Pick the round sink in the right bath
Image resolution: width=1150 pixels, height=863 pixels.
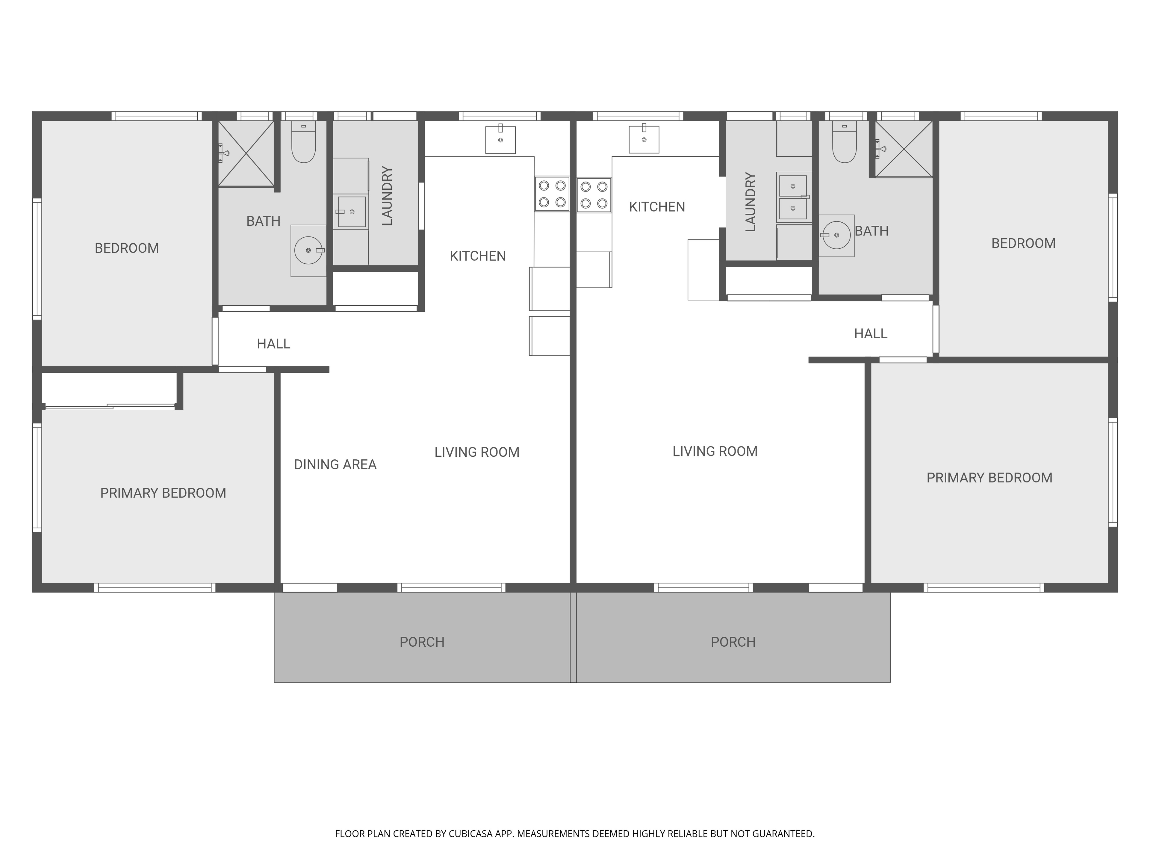(836, 235)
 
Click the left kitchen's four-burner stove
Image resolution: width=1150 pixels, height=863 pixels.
(552, 194)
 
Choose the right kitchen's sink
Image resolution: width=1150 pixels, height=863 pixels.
(644, 139)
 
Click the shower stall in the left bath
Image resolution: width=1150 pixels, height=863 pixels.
(246, 154)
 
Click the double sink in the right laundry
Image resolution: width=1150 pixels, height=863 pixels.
(793, 197)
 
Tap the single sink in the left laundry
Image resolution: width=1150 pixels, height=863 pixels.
(352, 212)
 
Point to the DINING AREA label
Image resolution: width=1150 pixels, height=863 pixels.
(335, 464)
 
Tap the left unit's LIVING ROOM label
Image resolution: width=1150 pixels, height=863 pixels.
(477, 452)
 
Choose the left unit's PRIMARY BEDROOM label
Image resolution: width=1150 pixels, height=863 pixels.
(163, 493)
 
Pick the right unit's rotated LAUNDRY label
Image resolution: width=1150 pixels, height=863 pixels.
(750, 202)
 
